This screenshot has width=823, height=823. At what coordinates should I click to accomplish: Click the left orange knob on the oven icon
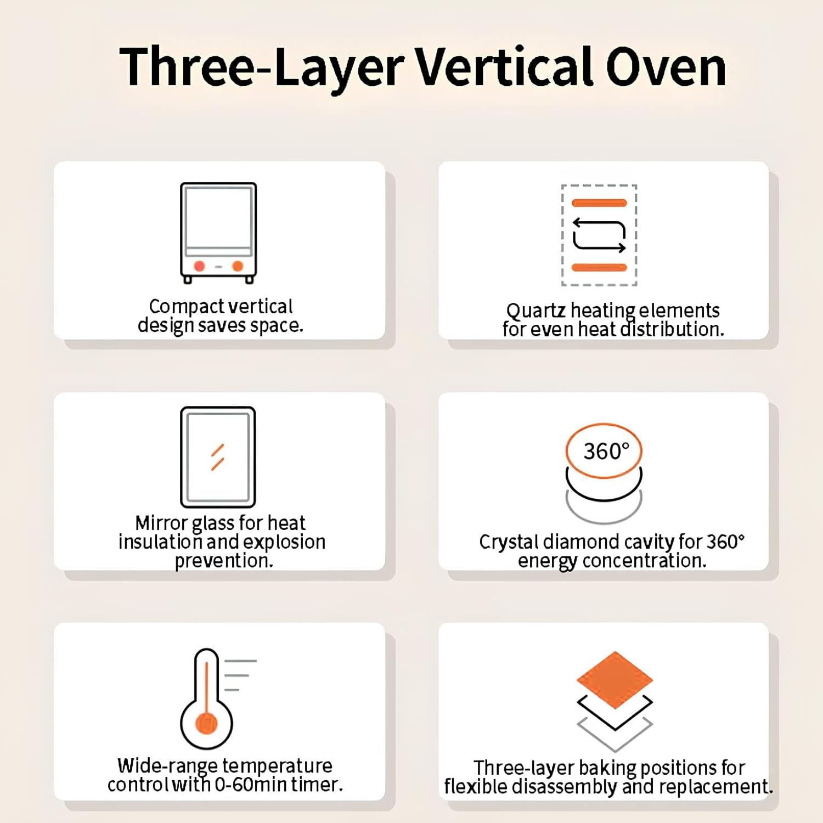(x=199, y=266)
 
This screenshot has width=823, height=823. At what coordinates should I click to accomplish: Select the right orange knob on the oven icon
(x=238, y=266)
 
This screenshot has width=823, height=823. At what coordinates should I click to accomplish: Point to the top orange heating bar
(x=599, y=203)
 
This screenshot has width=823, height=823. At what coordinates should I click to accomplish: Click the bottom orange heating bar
(x=599, y=268)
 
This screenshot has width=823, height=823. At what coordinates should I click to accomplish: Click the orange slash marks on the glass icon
(x=218, y=457)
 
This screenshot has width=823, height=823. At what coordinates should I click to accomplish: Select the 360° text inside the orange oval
(x=606, y=452)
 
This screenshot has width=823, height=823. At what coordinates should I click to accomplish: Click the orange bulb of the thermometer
(x=206, y=723)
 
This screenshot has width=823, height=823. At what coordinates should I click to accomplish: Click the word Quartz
(x=535, y=311)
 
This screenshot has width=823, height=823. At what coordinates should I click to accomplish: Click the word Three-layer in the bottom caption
(x=523, y=768)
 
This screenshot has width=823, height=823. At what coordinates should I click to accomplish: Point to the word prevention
(x=224, y=561)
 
